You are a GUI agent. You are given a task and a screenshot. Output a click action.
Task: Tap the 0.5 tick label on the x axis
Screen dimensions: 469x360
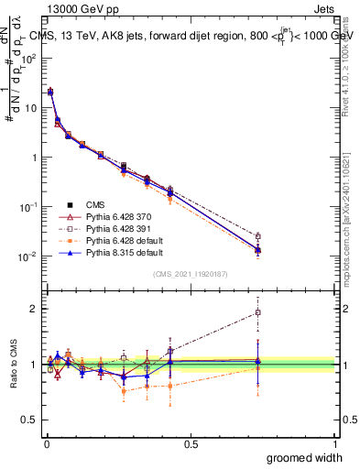(191, 443)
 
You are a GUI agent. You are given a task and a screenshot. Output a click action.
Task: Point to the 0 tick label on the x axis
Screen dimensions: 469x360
(46, 443)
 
